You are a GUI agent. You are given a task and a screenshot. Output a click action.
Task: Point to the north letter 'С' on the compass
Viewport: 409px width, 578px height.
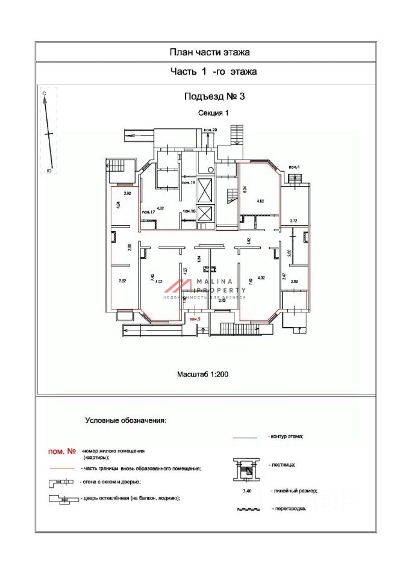(45, 94)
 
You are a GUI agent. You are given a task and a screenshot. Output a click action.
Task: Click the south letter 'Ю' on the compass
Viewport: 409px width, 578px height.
(48, 171)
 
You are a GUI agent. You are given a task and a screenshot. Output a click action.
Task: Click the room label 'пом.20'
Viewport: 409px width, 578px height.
(210, 131)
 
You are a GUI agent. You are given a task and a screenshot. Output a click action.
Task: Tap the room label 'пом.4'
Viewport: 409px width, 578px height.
(294, 167)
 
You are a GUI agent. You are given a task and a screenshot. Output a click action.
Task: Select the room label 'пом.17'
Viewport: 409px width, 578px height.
(148, 213)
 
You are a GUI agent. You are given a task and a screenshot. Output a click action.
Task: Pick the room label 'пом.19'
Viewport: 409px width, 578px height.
(188, 182)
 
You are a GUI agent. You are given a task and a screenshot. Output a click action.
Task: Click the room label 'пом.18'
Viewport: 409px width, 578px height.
(189, 211)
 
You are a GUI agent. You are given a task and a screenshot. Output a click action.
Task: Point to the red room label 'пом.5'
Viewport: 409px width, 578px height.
(195, 319)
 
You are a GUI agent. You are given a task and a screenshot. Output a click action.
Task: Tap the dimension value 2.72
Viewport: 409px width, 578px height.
(294, 222)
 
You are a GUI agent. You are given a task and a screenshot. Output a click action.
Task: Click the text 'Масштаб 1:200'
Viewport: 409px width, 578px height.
(202, 374)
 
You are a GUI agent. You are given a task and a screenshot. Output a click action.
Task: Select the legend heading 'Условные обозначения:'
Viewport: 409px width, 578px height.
(125, 420)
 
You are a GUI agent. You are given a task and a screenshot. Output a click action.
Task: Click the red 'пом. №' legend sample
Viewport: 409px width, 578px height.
(61, 451)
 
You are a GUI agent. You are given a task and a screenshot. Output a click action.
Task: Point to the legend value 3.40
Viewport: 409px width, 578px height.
(246, 491)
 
